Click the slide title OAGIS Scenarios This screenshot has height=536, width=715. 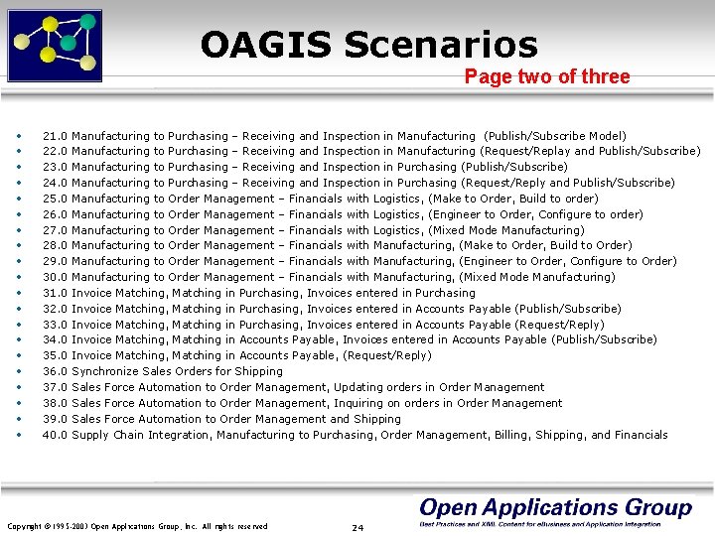point(368,45)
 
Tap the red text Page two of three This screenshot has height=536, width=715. point(547,76)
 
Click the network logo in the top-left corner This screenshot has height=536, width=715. point(55,44)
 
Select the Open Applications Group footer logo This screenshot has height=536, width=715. point(554,511)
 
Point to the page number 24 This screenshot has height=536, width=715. point(357,527)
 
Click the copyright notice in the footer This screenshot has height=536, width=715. point(137,526)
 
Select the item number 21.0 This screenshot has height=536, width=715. point(55,136)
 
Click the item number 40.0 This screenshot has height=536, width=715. point(55,435)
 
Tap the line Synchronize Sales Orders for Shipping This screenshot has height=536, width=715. point(177,372)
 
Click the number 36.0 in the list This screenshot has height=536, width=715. point(55,372)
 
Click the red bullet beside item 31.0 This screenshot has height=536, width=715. point(19,294)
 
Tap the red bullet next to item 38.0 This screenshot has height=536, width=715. point(19,404)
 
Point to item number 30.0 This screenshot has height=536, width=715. point(55,278)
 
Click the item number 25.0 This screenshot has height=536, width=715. point(55,199)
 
